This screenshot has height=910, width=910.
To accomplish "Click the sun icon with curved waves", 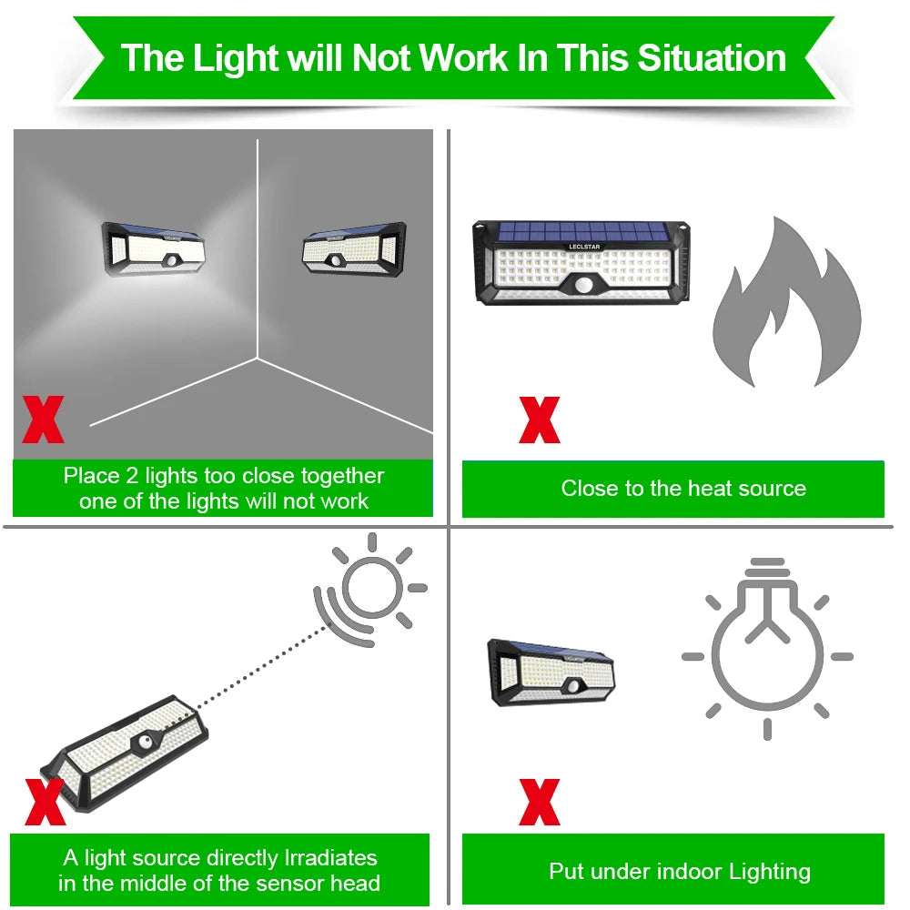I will pyautogui.click(x=369, y=587).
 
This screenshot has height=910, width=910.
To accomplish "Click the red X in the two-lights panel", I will pyautogui.click(x=44, y=419).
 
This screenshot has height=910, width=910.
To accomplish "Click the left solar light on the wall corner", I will pyautogui.click(x=153, y=248).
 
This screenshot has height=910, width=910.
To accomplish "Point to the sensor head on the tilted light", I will pyautogui.click(x=146, y=743).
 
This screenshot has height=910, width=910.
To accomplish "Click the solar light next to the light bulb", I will pyautogui.click(x=551, y=673).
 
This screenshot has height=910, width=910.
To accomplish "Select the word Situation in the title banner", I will pyautogui.click(x=711, y=57).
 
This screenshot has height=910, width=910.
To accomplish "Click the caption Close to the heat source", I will pyautogui.click(x=683, y=489).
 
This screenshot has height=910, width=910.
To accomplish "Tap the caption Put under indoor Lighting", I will pyautogui.click(x=679, y=871).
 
